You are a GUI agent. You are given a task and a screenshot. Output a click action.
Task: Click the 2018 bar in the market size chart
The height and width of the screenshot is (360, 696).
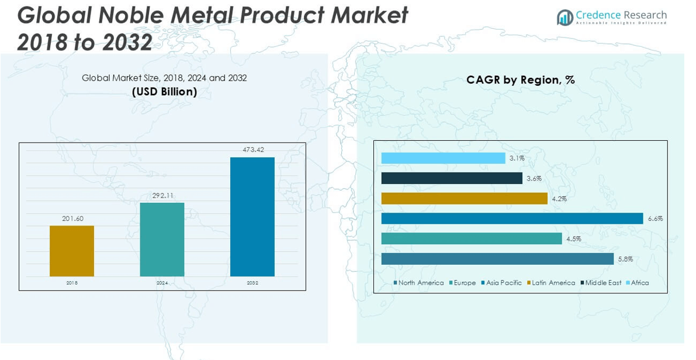[71, 251]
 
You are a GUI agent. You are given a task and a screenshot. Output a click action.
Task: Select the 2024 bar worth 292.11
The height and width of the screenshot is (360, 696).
[162, 239]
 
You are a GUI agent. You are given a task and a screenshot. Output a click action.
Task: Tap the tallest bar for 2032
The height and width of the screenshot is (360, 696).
[252, 216]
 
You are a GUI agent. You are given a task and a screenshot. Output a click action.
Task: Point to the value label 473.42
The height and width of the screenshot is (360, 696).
[253, 150]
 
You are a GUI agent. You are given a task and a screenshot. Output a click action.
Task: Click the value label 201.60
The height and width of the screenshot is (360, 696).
[72, 219]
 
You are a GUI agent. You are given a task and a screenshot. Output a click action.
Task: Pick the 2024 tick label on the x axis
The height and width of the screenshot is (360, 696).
[162, 283]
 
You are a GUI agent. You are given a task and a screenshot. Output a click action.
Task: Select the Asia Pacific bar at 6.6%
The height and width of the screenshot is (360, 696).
[512, 219]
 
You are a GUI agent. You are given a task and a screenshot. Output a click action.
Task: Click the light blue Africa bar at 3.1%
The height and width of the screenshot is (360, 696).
[443, 158]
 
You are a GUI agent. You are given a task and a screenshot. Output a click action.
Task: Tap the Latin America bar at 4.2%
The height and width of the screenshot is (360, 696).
[464, 199]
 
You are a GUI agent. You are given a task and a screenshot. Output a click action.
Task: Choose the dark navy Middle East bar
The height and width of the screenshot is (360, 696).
[452, 178]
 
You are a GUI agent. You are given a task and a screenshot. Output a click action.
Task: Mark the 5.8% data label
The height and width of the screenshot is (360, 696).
[625, 259]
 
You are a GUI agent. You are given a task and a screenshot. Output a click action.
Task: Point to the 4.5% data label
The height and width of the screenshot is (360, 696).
[573, 238]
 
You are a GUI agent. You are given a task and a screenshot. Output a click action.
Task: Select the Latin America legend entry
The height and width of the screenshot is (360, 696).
[551, 283]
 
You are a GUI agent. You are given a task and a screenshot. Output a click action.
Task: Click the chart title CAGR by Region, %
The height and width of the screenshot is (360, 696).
[520, 80]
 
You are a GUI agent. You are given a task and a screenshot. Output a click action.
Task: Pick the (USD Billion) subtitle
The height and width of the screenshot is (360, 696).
[164, 92]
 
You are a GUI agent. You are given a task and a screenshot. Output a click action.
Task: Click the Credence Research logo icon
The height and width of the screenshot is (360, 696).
[565, 18]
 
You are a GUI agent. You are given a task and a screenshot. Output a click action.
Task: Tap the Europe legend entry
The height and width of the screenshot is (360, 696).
[462, 283]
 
